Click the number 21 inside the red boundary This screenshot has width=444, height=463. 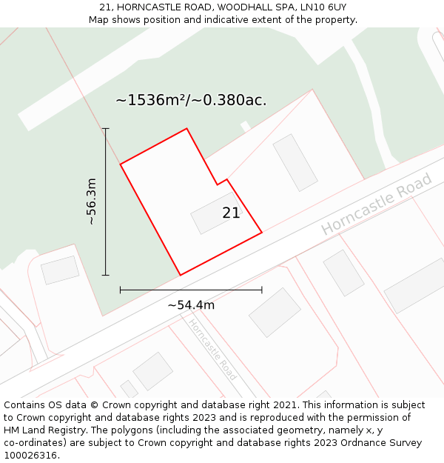pos(231,213)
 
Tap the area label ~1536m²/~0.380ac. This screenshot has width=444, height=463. pos(191,101)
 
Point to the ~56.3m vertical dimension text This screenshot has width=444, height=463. pos(91,201)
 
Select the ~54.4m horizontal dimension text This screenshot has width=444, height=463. pos(191,305)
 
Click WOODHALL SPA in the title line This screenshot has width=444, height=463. pos(249,7)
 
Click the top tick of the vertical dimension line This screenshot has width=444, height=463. pos(105,129)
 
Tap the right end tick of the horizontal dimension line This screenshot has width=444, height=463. pos(261,290)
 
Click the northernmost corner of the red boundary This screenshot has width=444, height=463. pos(186,129)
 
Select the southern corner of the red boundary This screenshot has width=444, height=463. pos(180,275)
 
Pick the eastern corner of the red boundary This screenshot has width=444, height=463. pos(262,233)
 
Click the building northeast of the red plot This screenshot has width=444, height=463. pos(295,162)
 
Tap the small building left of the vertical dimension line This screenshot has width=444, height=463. pos(60,270)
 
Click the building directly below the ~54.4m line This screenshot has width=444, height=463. pos(275,312)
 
